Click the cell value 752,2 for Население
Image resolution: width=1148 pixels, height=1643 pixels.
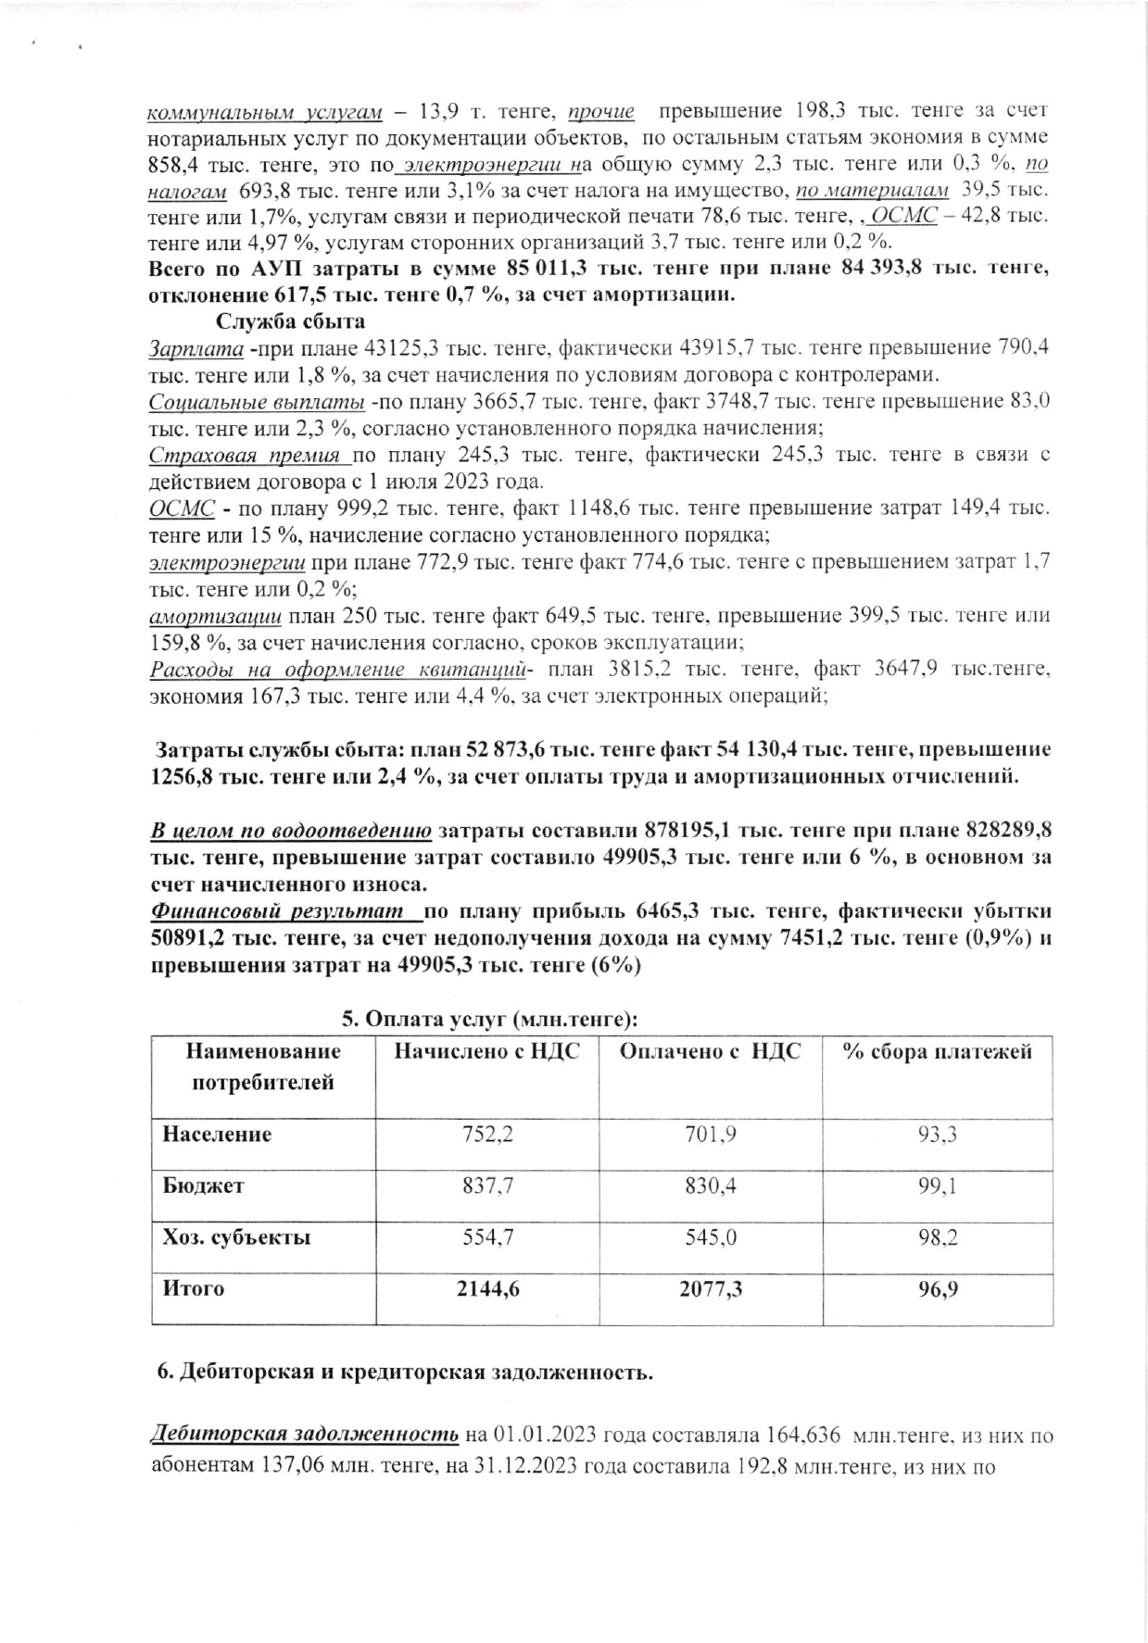(487, 1135)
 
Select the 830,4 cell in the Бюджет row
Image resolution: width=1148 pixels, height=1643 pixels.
(711, 1185)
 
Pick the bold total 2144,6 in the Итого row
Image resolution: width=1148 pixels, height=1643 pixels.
(487, 1288)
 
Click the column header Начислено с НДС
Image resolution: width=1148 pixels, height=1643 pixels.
(487, 1051)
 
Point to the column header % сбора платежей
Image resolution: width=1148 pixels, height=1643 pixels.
(938, 1051)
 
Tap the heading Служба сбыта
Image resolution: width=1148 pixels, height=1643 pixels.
(290, 321)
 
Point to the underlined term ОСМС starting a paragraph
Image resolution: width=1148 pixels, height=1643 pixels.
(183, 508)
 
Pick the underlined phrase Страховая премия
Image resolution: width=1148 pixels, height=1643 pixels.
(248, 456)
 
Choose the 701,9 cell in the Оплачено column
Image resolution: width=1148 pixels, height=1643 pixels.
(711, 1135)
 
